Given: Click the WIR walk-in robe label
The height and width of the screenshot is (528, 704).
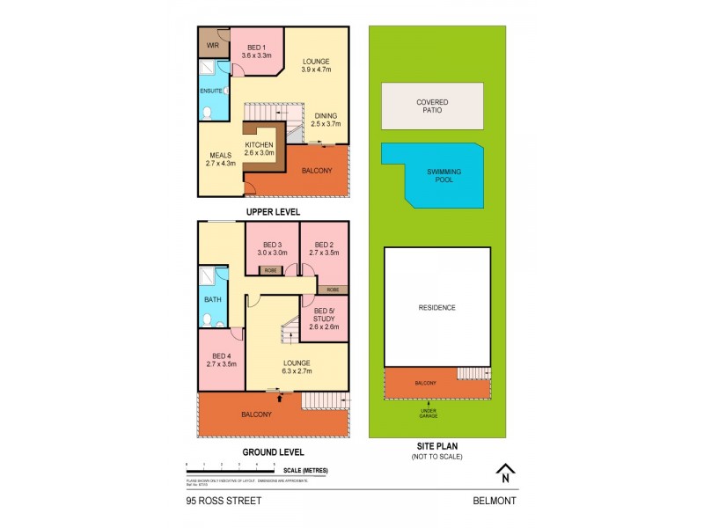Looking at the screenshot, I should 211,45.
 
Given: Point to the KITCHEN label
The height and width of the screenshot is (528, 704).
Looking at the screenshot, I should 260,145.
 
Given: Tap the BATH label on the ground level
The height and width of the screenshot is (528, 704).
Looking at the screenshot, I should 213,299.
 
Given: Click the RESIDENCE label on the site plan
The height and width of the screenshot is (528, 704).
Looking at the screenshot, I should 436,307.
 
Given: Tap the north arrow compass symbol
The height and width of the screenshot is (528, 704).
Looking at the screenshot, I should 503,473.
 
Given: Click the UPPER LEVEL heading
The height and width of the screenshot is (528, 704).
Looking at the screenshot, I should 274,212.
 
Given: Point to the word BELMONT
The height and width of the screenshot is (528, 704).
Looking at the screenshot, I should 493,501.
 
